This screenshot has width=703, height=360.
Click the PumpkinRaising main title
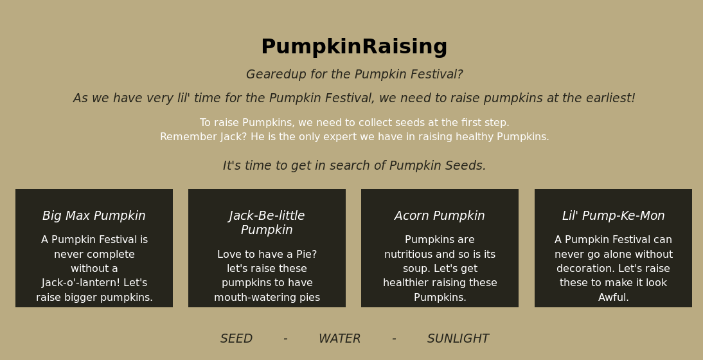click(354, 48)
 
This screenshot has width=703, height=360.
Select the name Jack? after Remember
click(233, 137)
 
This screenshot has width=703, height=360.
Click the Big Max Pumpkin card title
click(94, 215)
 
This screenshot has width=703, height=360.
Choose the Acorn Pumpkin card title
click(440, 215)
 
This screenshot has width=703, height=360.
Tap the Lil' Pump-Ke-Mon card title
click(613, 215)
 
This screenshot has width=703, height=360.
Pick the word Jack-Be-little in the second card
click(267, 215)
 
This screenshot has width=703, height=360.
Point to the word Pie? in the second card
click(307, 254)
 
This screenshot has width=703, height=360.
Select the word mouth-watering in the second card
click(251, 297)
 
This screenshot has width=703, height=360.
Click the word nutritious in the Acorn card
click(405, 254)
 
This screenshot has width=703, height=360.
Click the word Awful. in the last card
click(613, 297)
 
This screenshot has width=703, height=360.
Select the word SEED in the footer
click(236, 339)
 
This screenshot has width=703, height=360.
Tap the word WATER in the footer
click(339, 339)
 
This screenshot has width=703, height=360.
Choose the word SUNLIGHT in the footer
click(458, 339)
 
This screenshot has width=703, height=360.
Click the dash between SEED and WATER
click(285, 339)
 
